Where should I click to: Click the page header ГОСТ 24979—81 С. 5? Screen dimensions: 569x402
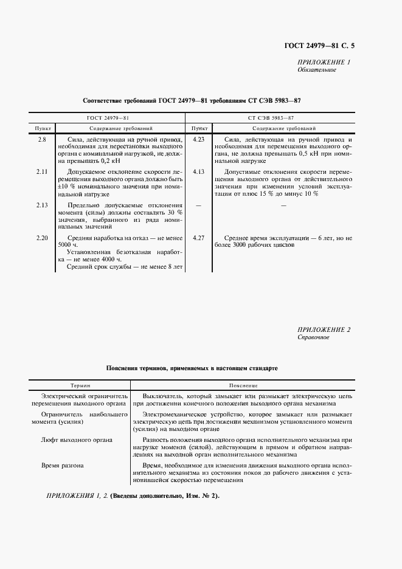point(319,46)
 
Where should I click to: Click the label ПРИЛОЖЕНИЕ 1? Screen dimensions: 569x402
point(324,62)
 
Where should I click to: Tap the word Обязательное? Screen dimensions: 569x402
point(316,70)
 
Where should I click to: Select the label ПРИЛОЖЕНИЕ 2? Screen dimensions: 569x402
point(324,329)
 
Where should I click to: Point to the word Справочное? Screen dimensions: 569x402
point(313,337)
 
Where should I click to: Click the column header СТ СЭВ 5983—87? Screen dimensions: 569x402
point(275,117)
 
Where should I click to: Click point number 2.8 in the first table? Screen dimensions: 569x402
point(41,140)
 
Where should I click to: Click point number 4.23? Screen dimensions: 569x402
point(198,140)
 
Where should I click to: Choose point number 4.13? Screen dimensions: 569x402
point(198,172)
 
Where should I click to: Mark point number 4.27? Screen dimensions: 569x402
point(198,238)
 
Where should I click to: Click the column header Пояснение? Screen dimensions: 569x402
point(243,385)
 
